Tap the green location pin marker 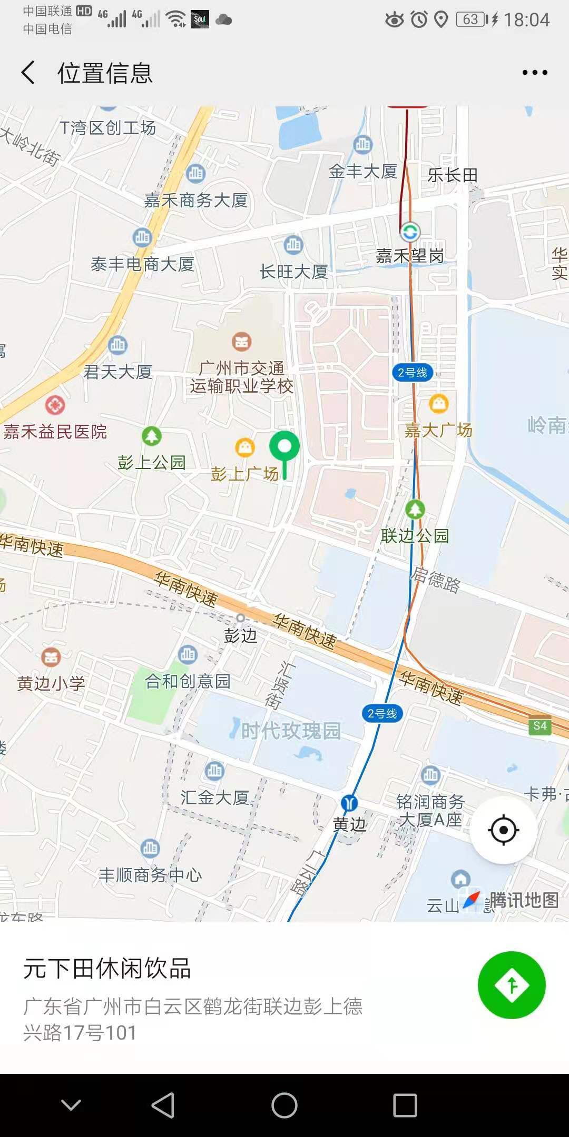(x=284, y=447)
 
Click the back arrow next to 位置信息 (x=28, y=73)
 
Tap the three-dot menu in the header (x=535, y=73)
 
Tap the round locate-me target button (x=503, y=830)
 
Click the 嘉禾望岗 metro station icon (x=410, y=232)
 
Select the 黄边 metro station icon (x=349, y=803)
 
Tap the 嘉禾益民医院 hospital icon (x=55, y=405)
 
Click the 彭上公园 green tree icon (x=152, y=436)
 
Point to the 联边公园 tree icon (x=415, y=509)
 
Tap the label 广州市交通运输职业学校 (x=241, y=377)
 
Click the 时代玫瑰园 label (x=291, y=731)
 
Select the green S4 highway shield (x=540, y=726)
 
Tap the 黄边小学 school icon (x=51, y=657)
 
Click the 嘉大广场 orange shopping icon (x=439, y=404)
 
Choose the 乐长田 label (x=453, y=175)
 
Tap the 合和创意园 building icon (x=188, y=654)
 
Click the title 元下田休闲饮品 (x=107, y=969)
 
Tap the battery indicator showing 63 (x=470, y=20)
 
